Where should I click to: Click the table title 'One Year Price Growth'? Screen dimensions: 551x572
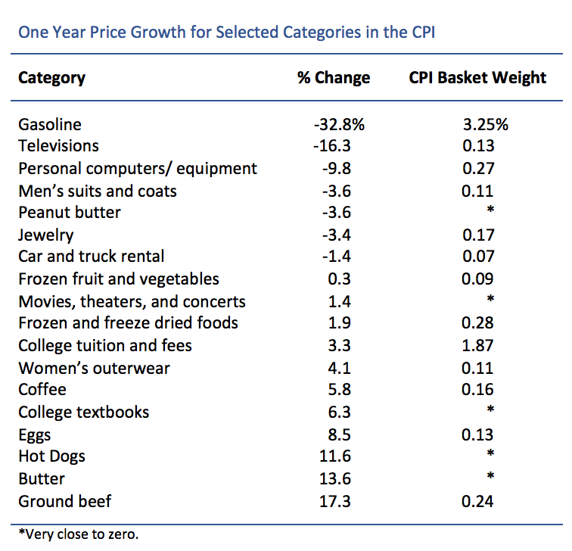pyautogui.click(x=226, y=33)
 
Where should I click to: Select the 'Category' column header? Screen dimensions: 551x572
pyautogui.click(x=51, y=78)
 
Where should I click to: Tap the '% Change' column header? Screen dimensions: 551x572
pyautogui.click(x=334, y=78)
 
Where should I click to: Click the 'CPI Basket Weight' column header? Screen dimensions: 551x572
pyautogui.click(x=477, y=78)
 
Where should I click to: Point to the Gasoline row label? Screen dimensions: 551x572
pyautogui.click(x=50, y=124)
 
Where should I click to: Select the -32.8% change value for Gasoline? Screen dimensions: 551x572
pyautogui.click(x=334, y=124)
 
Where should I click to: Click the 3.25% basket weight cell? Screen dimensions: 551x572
pyautogui.click(x=478, y=124)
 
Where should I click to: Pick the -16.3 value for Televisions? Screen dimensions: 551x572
pyautogui.click(x=334, y=146)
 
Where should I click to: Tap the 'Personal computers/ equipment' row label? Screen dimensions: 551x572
pyautogui.click(x=138, y=168)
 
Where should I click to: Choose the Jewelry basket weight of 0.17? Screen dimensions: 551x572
pyautogui.click(x=478, y=235)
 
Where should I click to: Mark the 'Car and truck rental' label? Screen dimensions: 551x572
pyautogui.click(x=92, y=257)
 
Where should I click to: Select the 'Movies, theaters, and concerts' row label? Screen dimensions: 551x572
pyautogui.click(x=132, y=301)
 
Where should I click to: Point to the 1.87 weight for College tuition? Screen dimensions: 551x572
pyautogui.click(x=478, y=346)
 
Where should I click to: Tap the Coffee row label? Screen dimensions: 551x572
pyautogui.click(x=42, y=390)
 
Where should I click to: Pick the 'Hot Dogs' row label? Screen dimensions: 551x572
pyautogui.click(x=51, y=456)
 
